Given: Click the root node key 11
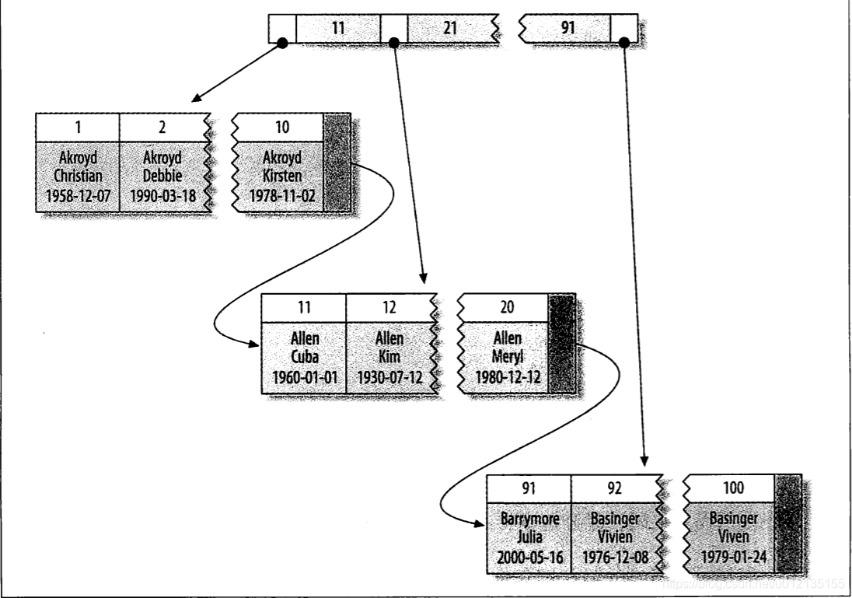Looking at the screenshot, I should (x=337, y=29).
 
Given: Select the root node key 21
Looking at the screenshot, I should (x=449, y=29).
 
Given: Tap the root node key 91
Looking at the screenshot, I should (x=568, y=29).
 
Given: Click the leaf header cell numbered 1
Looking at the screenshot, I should (x=78, y=127).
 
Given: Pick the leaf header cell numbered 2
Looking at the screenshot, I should (x=161, y=127).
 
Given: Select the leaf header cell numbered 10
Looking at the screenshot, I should (x=281, y=127).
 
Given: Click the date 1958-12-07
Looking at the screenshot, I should (x=78, y=196).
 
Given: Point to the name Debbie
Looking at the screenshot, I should (x=162, y=177).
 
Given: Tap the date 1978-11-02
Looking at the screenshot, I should (x=281, y=196).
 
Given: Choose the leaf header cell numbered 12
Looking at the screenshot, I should (x=389, y=308).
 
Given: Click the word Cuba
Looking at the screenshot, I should (x=303, y=358).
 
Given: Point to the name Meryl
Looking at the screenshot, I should (x=508, y=358).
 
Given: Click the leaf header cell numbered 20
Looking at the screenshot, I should (x=508, y=308).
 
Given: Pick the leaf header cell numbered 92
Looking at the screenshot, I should (x=613, y=488).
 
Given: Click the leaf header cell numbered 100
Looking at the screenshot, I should (x=733, y=488).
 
